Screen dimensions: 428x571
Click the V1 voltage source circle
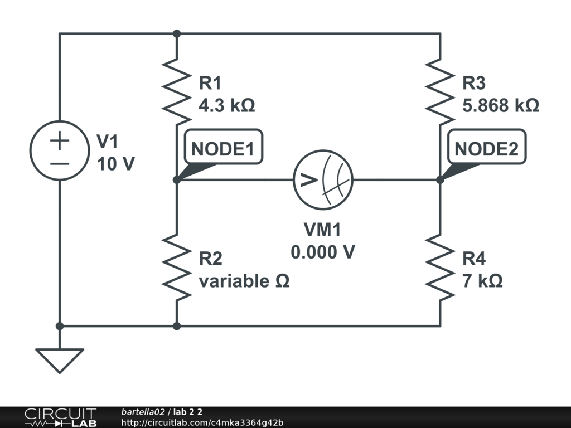[59, 150]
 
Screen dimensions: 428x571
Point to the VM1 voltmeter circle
[323, 179]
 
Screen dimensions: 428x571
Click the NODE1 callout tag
[222, 149]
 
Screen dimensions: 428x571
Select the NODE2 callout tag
[486, 149]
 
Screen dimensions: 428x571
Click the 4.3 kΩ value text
[227, 106]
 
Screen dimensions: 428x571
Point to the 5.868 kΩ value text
[501, 106]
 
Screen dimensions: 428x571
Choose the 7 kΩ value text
[482, 281]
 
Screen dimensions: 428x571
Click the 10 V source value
[115, 164]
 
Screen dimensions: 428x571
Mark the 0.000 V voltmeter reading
[323, 252]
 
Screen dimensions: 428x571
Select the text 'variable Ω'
[244, 281]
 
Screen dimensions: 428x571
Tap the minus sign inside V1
[59, 163]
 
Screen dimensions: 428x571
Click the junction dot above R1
[177, 33]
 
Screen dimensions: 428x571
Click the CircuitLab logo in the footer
[60, 417]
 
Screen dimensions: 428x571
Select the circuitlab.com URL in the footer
[202, 422]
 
